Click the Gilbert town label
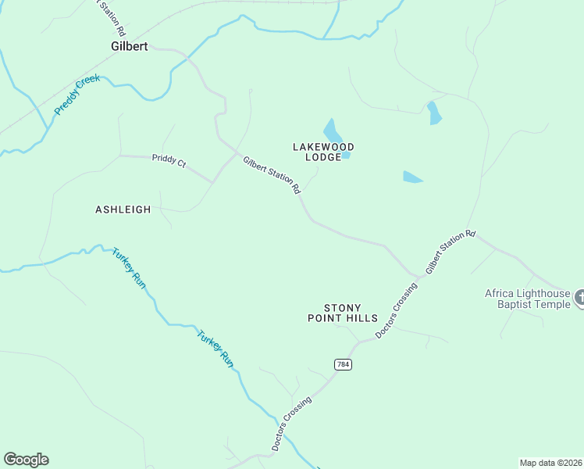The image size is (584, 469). coord(129,46)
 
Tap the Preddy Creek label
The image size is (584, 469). coord(72,96)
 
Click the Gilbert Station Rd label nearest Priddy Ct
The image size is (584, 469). coord(272,175)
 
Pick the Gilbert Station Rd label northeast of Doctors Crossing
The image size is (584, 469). coord(450,251)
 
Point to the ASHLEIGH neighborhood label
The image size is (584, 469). coord(123,209)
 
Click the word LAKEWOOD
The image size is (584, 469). coord(323,146)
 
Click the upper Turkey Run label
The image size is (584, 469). coord(129,268)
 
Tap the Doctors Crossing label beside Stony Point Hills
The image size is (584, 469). coord(396,311)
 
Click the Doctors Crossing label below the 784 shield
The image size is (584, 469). coord(293,423)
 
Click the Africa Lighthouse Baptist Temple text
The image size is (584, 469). coord(528,299)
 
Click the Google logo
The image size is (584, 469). coord(26,460)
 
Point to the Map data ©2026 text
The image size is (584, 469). coord(550,463)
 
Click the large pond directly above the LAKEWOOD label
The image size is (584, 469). coord(332,130)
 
